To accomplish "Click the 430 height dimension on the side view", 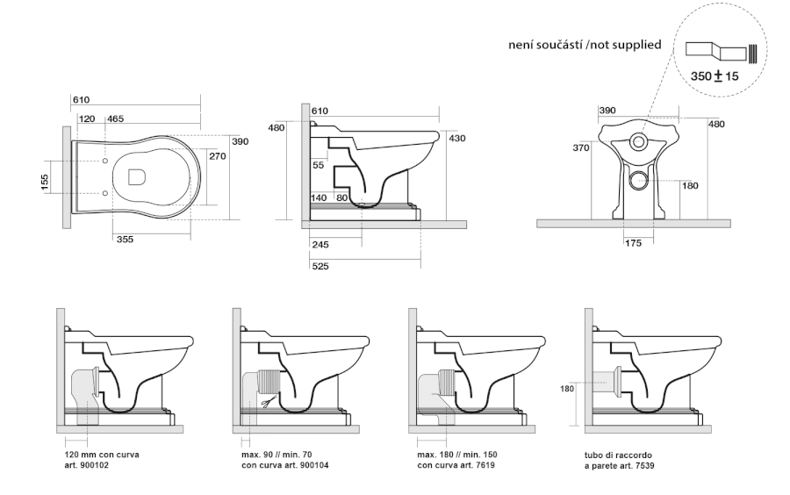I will tap(456, 138).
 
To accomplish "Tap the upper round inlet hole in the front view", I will tap(639, 141).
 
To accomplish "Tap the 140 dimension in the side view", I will tap(320, 198).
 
